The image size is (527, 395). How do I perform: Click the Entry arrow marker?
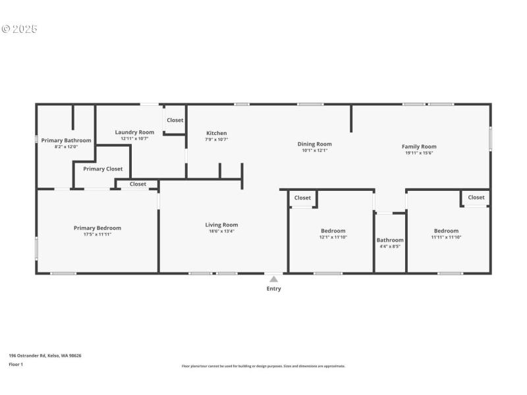(x=273, y=279)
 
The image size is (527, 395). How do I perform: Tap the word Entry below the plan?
(x=273, y=288)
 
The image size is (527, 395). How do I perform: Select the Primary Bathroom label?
(x=66, y=140)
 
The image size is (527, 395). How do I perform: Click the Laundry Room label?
(x=134, y=132)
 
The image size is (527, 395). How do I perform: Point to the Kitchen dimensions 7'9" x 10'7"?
(x=217, y=140)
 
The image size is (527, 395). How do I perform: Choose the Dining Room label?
(x=314, y=144)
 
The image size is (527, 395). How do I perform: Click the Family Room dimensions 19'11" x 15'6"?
(x=419, y=153)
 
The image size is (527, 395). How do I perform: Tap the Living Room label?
(x=221, y=224)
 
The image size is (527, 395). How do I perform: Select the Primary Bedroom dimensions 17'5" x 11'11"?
(x=97, y=234)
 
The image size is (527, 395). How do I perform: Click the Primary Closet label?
(x=103, y=169)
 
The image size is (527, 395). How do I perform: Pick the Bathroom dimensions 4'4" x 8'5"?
(x=390, y=247)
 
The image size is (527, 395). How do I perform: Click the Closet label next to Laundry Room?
(x=175, y=120)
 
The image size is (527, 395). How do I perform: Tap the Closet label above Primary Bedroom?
(x=138, y=184)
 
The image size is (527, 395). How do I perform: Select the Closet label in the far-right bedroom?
(x=476, y=197)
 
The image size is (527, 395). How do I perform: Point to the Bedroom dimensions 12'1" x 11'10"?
(x=333, y=237)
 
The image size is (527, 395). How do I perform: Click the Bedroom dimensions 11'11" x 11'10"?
(x=446, y=237)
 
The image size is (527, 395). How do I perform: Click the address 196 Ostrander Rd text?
(x=45, y=355)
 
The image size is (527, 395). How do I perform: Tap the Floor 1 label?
(x=16, y=364)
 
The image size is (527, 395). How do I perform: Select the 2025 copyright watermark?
(x=20, y=29)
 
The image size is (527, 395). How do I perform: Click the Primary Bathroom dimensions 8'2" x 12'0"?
(x=66, y=147)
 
